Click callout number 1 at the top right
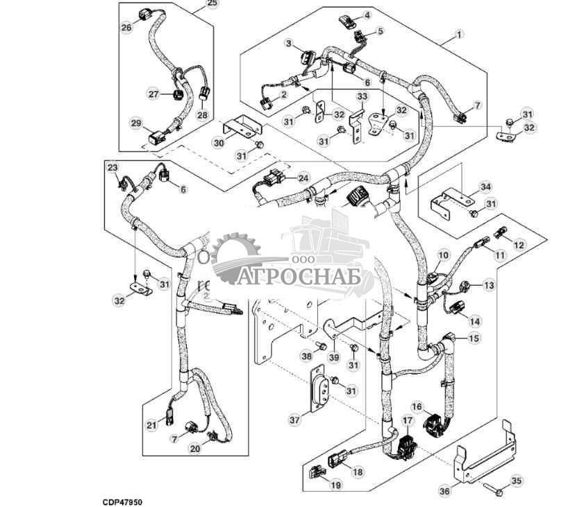[458, 34]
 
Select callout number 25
[212, 4]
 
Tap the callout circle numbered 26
[126, 28]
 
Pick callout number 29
[136, 123]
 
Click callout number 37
[295, 419]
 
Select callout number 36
[445, 491]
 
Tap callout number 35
[515, 479]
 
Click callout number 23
[112, 167]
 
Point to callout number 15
[474, 338]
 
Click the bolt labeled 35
[497, 492]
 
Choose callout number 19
[335, 485]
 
